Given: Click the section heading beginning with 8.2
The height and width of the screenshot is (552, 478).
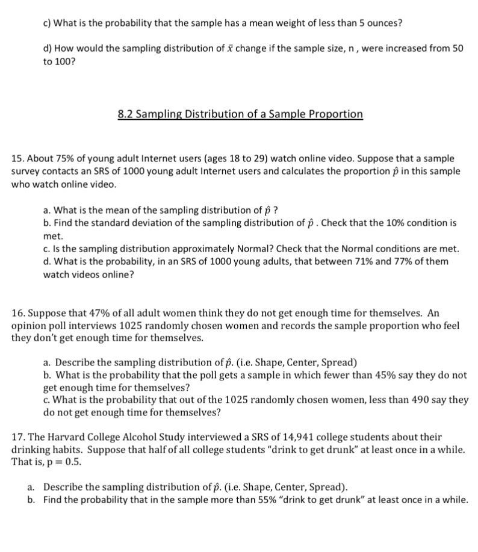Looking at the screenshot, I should tap(240, 114).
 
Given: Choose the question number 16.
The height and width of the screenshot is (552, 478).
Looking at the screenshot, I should tap(18, 313).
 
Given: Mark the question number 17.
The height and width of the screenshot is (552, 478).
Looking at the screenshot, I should tap(18, 437).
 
